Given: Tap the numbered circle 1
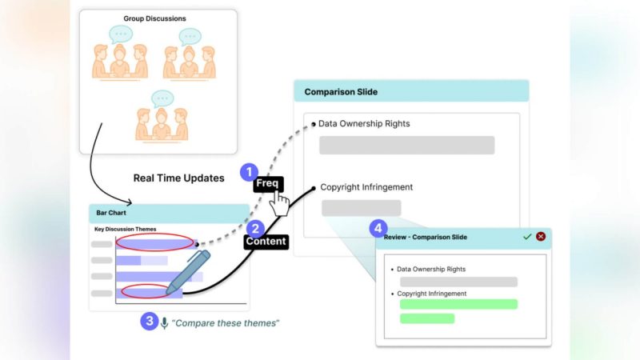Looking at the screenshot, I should point(250,171).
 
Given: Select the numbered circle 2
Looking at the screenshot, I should point(256,228).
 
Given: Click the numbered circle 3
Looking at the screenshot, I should point(149,322).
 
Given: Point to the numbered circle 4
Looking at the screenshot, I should point(378,229).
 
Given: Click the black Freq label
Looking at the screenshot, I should point(266,184).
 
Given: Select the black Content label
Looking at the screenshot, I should point(266,241).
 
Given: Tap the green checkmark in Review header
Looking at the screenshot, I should point(526,237).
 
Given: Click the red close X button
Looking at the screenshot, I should point(541,237).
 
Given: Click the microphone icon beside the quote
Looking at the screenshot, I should point(165,322).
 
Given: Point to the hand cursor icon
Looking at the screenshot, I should point(279,203).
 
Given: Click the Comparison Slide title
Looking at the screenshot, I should point(341,92).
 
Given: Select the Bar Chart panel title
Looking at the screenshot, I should point(112,214).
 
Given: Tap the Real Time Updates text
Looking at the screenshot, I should point(179,178).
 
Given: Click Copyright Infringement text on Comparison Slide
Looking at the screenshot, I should point(366,187).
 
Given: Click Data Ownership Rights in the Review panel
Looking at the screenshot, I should point(431,269).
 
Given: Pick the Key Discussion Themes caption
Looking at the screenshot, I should point(126,230).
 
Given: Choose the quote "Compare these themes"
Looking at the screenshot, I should point(227,323).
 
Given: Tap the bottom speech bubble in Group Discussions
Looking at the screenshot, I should point(162,98).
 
